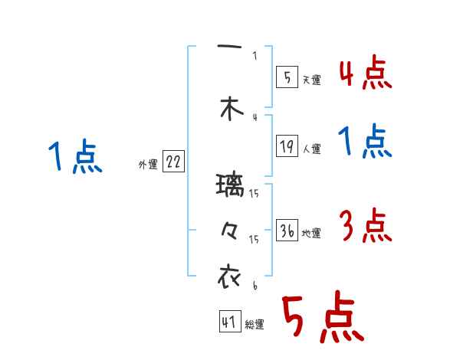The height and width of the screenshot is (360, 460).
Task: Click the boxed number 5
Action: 286,77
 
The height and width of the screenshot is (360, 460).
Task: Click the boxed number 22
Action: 174,162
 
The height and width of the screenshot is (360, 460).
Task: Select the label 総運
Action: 255,325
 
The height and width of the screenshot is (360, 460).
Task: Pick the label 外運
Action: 148,164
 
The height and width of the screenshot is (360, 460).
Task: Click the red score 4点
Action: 365,74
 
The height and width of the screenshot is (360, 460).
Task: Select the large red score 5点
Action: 322,319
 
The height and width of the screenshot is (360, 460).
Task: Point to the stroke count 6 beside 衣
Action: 254,285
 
